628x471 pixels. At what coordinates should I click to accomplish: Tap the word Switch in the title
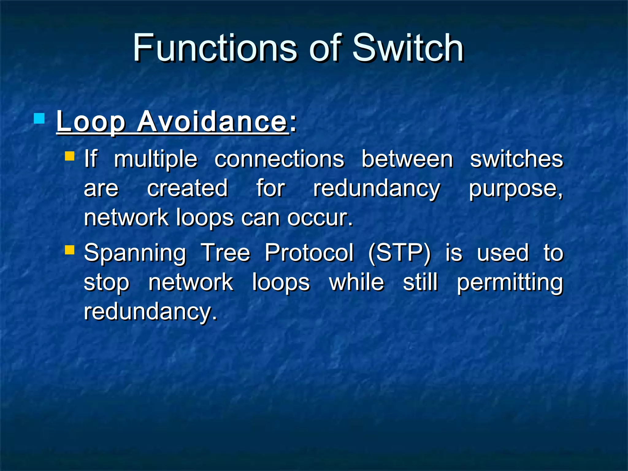(x=408, y=48)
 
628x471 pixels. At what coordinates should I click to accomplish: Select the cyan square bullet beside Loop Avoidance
(x=39, y=118)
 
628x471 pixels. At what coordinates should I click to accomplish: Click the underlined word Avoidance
(x=212, y=122)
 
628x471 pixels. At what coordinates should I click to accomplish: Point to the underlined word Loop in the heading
(x=91, y=122)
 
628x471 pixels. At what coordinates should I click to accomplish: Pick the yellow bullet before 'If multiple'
(x=70, y=156)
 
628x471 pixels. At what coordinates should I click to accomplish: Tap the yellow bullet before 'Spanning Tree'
(x=70, y=250)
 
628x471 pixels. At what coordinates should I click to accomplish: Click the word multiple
(x=156, y=159)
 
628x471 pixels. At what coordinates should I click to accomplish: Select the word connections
(x=279, y=159)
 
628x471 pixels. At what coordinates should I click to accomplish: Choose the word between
(x=407, y=159)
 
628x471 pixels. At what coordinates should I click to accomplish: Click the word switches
(x=517, y=159)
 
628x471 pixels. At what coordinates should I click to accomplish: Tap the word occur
(x=320, y=218)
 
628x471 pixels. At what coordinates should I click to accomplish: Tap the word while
(x=356, y=282)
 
